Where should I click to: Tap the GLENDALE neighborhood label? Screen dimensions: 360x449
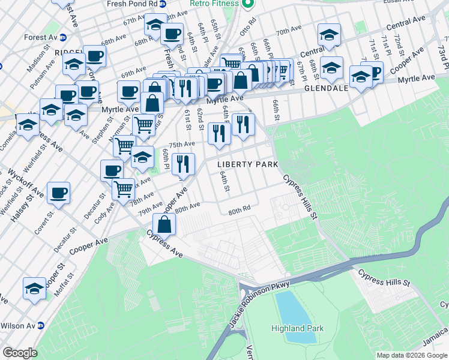coord(327,88)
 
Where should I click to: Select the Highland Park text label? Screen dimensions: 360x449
coord(297,328)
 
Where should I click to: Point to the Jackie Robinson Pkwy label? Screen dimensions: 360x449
coord(259,304)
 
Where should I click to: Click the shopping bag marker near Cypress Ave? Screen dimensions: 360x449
coord(164,225)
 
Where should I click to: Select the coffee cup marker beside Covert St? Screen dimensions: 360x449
coord(59,193)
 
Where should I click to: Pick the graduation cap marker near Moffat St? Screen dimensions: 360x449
coord(34,288)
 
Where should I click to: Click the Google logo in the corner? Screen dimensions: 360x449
coord(20,352)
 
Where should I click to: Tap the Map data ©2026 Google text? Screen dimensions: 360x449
coord(411,355)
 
